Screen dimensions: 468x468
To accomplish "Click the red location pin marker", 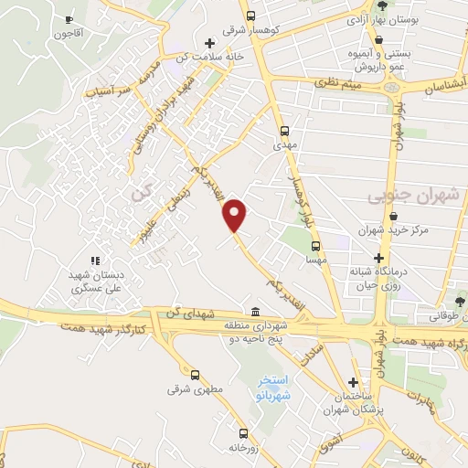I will tap(236, 214).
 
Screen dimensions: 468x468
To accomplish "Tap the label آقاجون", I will tap(70, 35).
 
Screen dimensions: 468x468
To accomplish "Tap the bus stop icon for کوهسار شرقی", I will tap(250, 16).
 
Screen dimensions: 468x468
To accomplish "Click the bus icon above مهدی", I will tap(284, 131).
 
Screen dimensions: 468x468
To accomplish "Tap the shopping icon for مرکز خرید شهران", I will tap(393, 216).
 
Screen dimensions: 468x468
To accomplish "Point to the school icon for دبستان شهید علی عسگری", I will tap(95, 261).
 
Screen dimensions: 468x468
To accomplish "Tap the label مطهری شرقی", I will tap(195, 390).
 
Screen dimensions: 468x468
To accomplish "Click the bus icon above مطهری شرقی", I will tap(195, 375).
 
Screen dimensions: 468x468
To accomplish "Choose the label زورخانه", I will tap(242, 448).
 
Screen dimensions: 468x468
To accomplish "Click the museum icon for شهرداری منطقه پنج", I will tap(253, 311).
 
